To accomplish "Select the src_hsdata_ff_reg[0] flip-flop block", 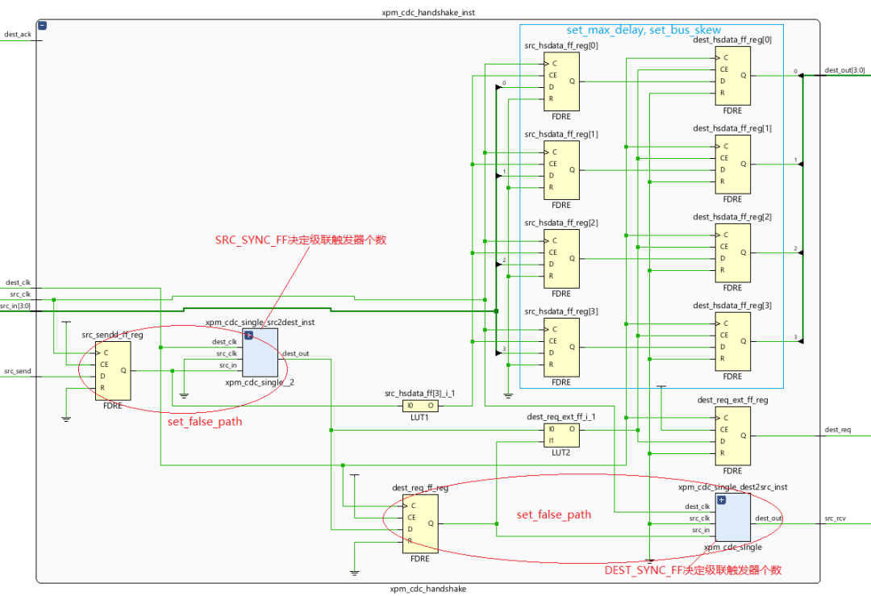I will [x=561, y=81].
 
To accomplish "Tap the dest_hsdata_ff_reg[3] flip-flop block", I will [x=732, y=341].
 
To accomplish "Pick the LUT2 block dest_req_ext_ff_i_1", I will [x=561, y=436].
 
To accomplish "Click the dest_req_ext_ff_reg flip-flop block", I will [x=732, y=436].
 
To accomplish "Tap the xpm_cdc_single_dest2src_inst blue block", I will [x=732, y=518].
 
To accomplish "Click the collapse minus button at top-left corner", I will [x=43, y=26].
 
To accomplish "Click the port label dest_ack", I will [x=18, y=35].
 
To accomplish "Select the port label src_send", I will [x=17, y=371].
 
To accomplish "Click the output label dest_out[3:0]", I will [x=844, y=70].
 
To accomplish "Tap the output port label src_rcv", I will [x=835, y=518].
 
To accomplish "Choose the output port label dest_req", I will [x=837, y=430].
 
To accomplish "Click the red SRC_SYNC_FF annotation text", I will [x=301, y=240].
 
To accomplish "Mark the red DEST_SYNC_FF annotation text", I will [x=693, y=570].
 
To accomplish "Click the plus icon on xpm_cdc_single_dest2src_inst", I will [x=721, y=500].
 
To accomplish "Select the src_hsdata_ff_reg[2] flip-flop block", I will [x=561, y=258].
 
